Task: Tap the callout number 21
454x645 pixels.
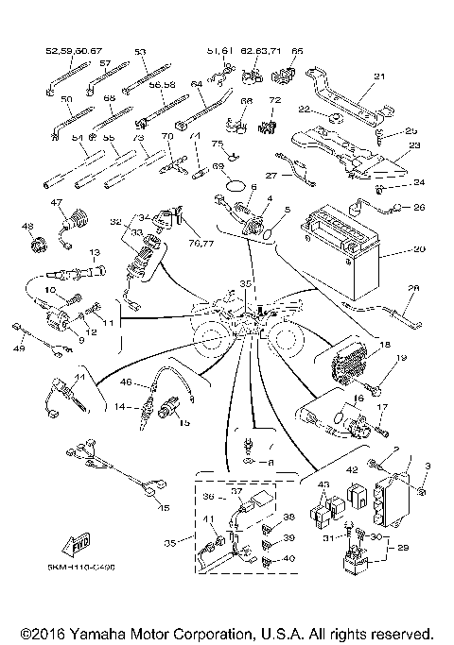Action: tap(380, 77)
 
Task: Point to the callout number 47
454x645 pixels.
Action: tap(56, 203)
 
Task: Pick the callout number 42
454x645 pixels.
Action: tap(350, 468)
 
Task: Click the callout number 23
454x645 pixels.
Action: tap(412, 146)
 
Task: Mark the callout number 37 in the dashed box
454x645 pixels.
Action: tap(237, 492)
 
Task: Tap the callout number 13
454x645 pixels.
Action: tap(95, 253)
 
